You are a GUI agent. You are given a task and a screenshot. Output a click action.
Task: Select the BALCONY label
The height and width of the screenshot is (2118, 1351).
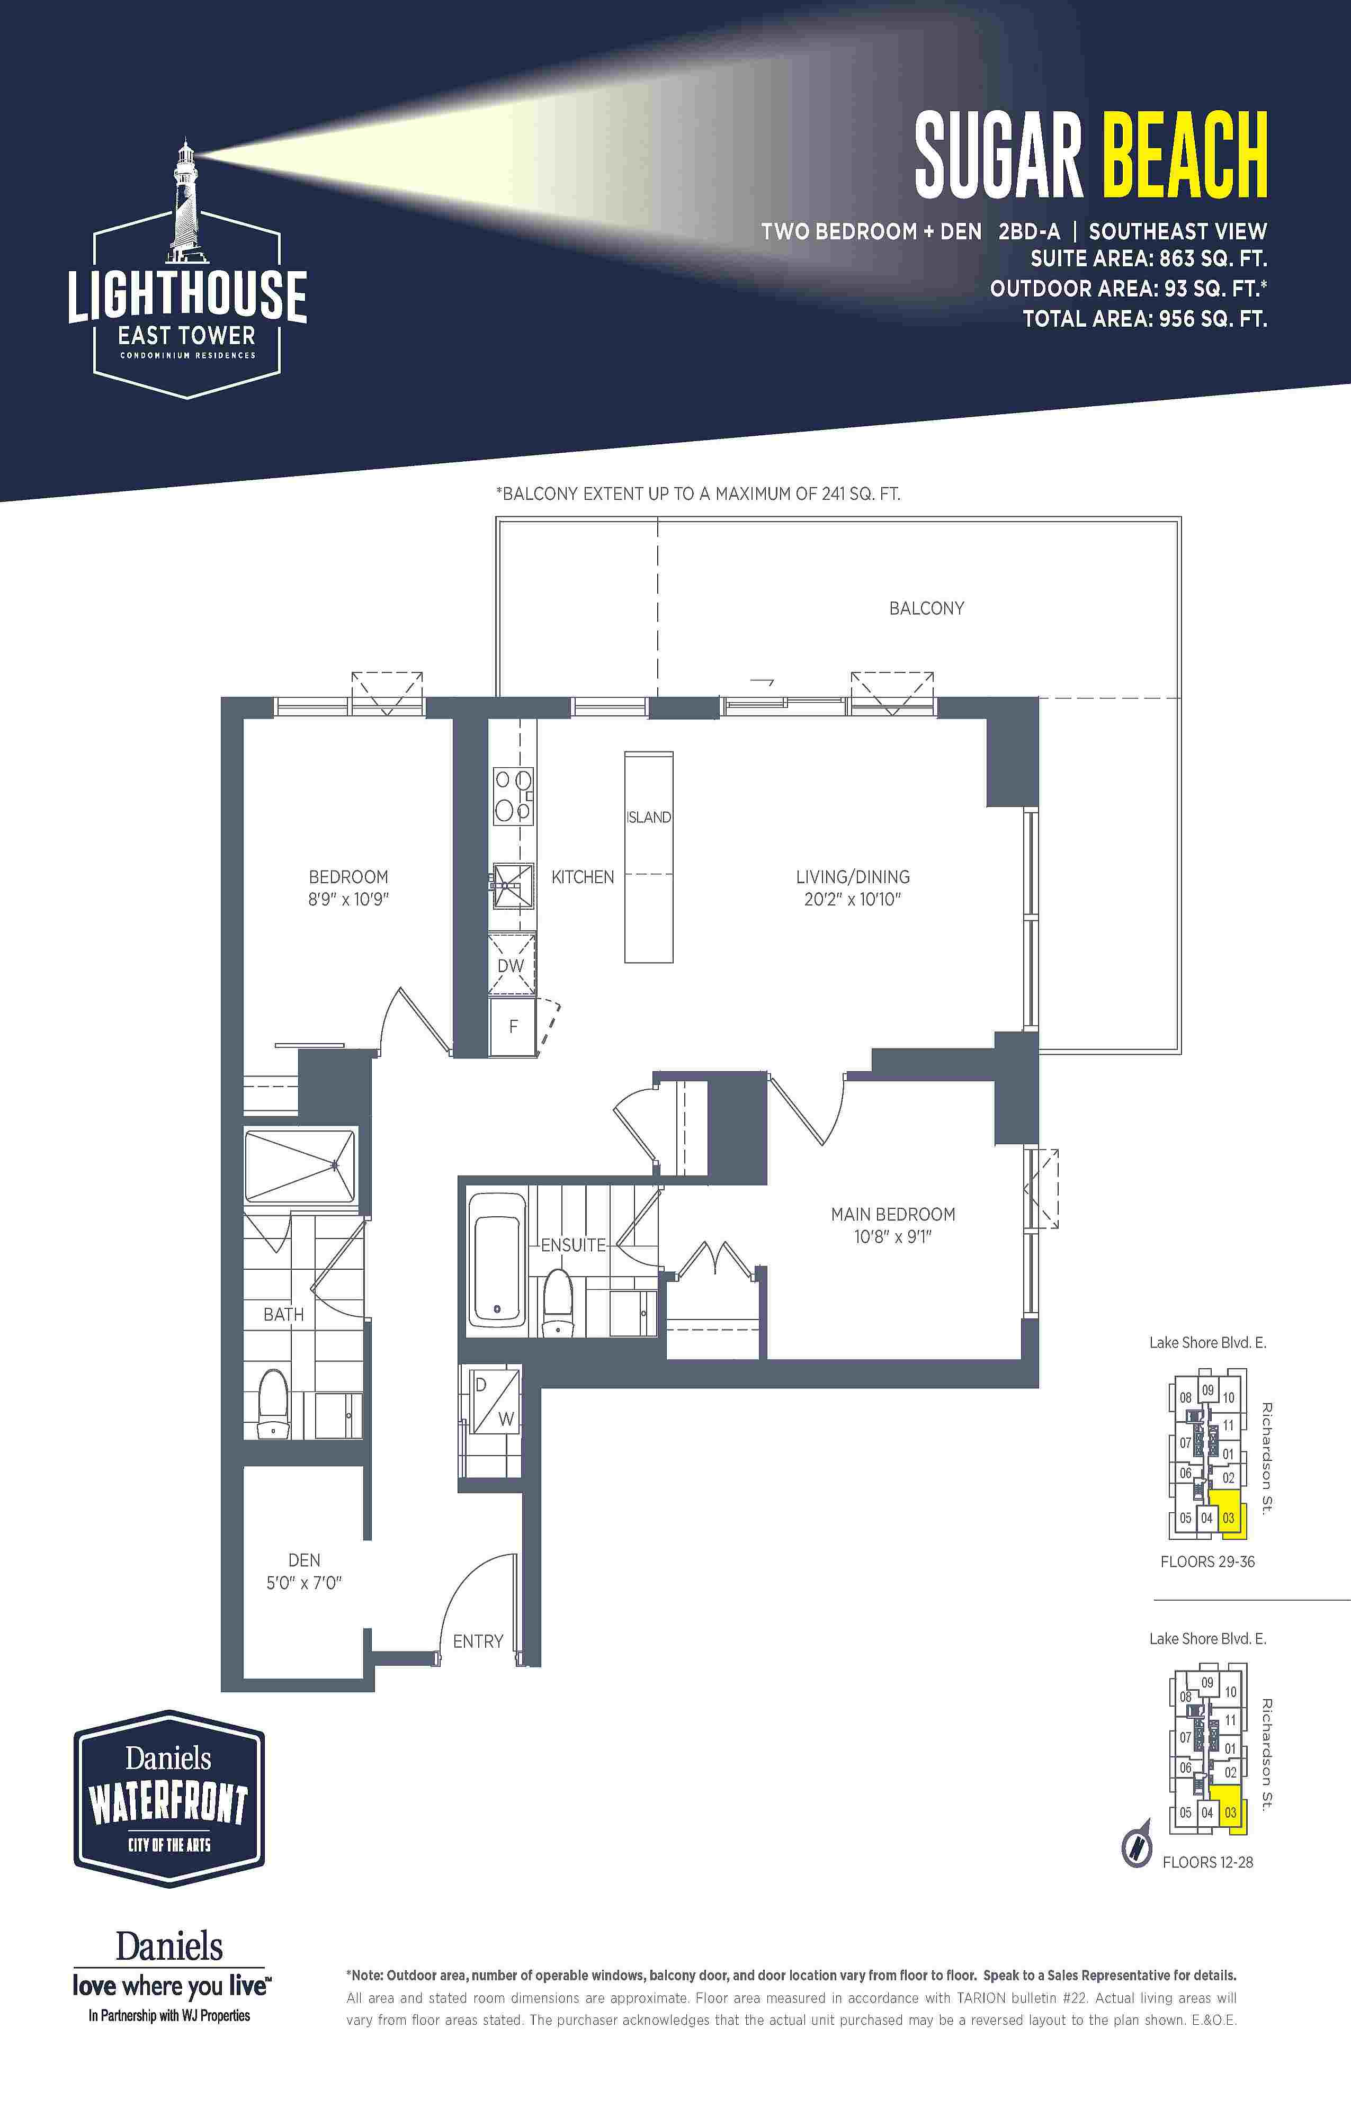(x=926, y=608)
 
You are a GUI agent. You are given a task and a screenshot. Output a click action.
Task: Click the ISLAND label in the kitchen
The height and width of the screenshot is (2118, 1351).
(x=648, y=817)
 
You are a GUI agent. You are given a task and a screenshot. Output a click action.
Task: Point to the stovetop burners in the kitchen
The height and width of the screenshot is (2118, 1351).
(x=513, y=795)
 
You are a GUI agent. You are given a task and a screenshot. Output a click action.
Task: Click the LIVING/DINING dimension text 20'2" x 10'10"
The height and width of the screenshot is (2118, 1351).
(x=852, y=899)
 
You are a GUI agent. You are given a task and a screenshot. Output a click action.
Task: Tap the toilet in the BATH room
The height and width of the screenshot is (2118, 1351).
(x=274, y=1403)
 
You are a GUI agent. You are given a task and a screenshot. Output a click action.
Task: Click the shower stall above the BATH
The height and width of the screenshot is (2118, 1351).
(x=300, y=1165)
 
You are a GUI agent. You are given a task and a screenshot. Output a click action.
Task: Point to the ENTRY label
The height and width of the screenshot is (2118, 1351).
(x=478, y=1641)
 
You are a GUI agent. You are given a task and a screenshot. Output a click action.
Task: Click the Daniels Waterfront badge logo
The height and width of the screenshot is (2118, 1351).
(x=169, y=1799)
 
